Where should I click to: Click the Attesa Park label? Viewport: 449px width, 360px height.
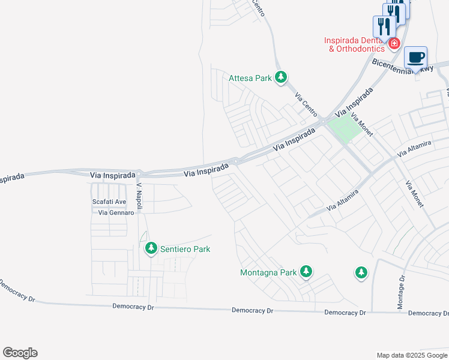coord(250,78)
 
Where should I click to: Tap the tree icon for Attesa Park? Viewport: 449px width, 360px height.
coord(280,77)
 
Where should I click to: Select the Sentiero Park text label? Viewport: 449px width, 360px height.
coord(185,249)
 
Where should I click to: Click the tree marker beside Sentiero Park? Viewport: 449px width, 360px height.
coord(151,248)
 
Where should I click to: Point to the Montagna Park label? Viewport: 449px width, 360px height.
coord(268,272)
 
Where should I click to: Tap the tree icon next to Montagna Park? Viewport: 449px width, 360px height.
coord(306,272)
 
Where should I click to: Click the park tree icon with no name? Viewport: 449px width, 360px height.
coord(361,273)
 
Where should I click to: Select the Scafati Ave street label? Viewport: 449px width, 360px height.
coord(109,202)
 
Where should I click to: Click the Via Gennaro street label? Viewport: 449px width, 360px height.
coord(116,213)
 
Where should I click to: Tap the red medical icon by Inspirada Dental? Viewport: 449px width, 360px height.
coord(394,43)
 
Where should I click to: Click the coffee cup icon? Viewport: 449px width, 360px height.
coord(416,58)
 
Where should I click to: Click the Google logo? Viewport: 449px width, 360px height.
coord(20,353)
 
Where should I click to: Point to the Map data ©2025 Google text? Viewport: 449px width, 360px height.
coord(412,355)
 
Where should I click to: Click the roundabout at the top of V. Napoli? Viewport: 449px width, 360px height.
coord(139,174)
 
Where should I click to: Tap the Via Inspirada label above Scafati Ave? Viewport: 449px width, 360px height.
coord(112,175)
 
